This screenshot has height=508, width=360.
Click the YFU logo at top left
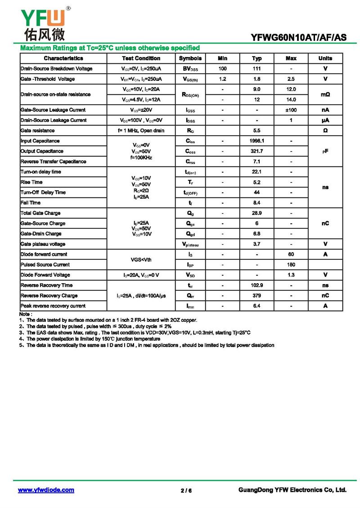pyautogui.click(x=42, y=22)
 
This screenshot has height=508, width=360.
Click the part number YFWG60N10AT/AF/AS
pyautogui.click(x=299, y=38)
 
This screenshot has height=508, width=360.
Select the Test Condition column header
pyautogui.click(x=141, y=58)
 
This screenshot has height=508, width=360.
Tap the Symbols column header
pyautogui.click(x=190, y=58)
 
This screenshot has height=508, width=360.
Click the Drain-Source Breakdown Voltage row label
pyautogui.click(x=57, y=69)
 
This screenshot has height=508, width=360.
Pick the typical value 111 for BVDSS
pyautogui.click(x=257, y=69)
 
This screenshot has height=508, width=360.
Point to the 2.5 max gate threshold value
pyautogui.click(x=291, y=79)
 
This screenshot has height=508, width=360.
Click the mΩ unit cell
pyautogui.click(x=325, y=94)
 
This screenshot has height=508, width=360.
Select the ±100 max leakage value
pyautogui.click(x=291, y=110)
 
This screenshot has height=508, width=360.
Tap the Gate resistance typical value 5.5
pyautogui.click(x=257, y=131)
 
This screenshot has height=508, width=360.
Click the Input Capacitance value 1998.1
pyautogui.click(x=257, y=141)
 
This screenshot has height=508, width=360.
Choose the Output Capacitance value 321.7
pyautogui.click(x=257, y=152)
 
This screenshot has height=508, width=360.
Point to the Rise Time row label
pyautogui.click(x=32, y=182)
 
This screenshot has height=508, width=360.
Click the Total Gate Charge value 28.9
pyautogui.click(x=257, y=213)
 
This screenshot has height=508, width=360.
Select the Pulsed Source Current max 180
pyautogui.click(x=291, y=265)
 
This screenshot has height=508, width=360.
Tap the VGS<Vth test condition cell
pyautogui.click(x=141, y=259)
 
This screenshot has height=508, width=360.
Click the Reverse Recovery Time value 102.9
pyautogui.click(x=257, y=285)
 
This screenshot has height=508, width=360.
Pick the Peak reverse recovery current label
pyautogui.click(x=53, y=306)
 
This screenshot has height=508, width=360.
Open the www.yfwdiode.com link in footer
pyautogui.click(x=46, y=490)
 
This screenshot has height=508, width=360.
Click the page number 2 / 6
pyautogui.click(x=186, y=490)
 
